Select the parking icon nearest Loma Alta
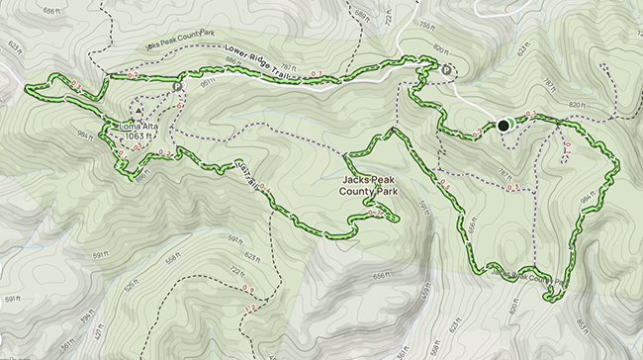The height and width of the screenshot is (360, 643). click(x=178, y=87)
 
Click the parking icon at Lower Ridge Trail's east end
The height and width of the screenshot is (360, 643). click(x=447, y=70)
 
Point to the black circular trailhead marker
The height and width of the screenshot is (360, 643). click(x=504, y=126)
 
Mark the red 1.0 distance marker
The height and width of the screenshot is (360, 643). click(x=567, y=148)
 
